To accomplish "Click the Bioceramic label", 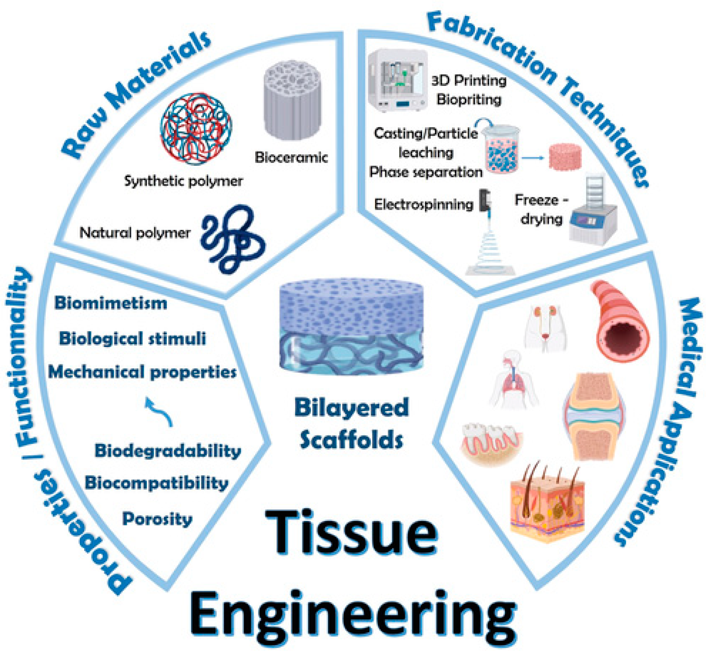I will (x=291, y=157).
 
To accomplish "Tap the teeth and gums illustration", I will (x=492, y=442).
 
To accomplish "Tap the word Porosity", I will (x=157, y=519).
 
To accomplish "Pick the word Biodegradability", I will (x=168, y=451).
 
